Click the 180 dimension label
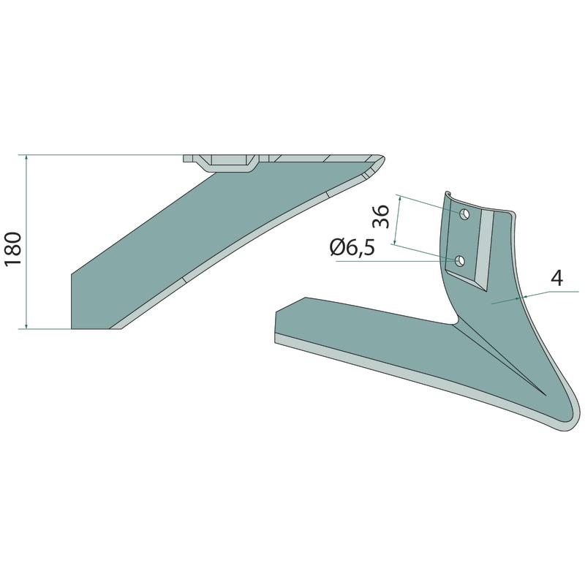12,249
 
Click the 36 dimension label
381,216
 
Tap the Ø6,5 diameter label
352,248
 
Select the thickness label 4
557,278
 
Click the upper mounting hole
464,214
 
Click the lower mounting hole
460,261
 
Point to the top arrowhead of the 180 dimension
26,158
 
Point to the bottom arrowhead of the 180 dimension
26,325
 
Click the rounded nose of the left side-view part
382,159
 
